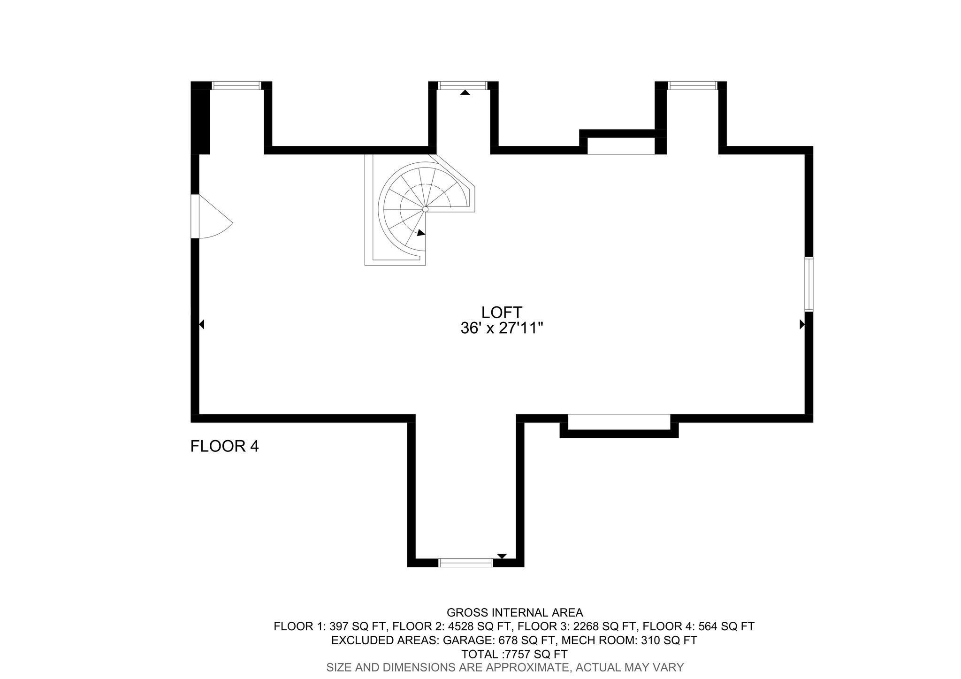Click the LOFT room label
(x=502, y=312)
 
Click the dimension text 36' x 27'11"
(x=502, y=328)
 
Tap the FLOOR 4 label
(x=224, y=446)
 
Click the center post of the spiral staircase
(x=425, y=209)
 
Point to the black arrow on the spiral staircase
(x=421, y=233)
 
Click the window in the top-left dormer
(x=236, y=85)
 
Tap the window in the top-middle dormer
(x=463, y=85)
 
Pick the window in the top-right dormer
(x=693, y=85)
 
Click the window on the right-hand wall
(x=808, y=284)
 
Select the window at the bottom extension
(x=465, y=563)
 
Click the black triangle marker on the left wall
(x=202, y=324)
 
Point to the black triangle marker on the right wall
(x=802, y=324)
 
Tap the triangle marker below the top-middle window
(x=465, y=93)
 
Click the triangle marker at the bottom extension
(x=502, y=556)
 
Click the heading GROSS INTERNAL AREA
(x=515, y=612)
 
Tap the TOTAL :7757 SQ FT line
(x=514, y=654)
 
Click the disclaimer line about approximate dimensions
(x=505, y=667)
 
